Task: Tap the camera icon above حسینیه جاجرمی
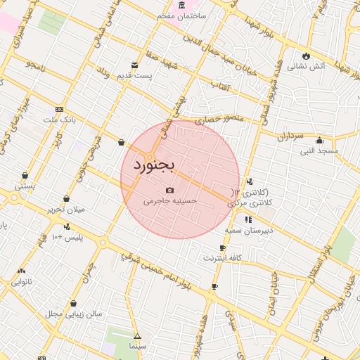pyautogui.click(x=169, y=190)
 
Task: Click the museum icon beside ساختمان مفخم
pyautogui.click(x=182, y=5)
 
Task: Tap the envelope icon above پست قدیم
pyautogui.click(x=134, y=65)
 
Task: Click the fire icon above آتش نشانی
pyautogui.click(x=306, y=56)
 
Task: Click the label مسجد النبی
pyautogui.click(x=320, y=150)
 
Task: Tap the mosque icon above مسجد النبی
pyautogui.click(x=320, y=140)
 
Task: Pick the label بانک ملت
pyautogui.click(x=58, y=120)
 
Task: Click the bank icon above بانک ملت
pyautogui.click(x=58, y=109)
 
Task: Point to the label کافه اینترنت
pyautogui.click(x=222, y=258)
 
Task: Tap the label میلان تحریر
pyautogui.click(x=65, y=210)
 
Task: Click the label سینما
pyautogui.click(x=137, y=346)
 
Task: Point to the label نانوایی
pyautogui.click(x=21, y=282)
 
